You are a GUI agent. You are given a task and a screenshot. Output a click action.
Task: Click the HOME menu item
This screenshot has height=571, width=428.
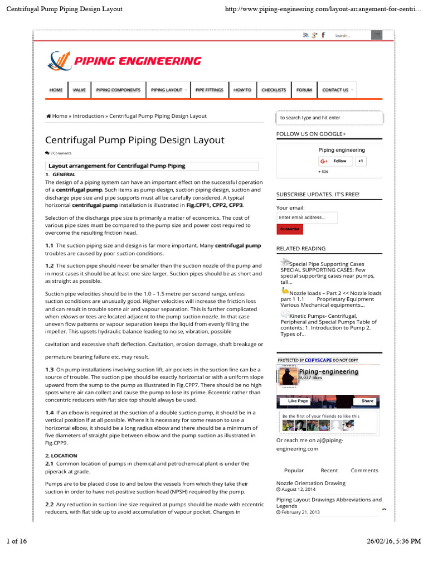(x=56, y=90)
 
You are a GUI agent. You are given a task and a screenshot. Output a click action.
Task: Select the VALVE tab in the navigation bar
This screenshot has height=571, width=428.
(x=79, y=90)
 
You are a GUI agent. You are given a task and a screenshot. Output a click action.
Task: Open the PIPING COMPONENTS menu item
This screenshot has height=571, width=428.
(x=118, y=90)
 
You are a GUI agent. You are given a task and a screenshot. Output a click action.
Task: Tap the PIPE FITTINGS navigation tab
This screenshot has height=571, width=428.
(x=210, y=90)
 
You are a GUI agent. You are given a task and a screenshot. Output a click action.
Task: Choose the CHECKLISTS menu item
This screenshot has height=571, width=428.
(x=274, y=90)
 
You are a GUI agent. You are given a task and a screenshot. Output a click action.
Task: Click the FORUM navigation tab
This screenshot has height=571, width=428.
(x=304, y=90)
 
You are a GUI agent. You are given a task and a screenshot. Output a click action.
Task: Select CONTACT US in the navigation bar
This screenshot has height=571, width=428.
(x=335, y=90)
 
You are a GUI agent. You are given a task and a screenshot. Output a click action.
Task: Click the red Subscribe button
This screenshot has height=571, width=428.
(x=290, y=229)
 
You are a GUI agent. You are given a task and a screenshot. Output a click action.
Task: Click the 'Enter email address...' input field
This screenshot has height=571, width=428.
(x=307, y=217)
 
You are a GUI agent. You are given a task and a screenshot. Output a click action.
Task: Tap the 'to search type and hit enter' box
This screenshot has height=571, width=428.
(x=329, y=118)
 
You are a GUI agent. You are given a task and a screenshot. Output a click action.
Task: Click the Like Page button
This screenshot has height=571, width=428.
(x=298, y=401)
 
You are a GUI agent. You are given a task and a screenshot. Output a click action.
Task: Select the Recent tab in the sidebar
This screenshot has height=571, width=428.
(x=329, y=471)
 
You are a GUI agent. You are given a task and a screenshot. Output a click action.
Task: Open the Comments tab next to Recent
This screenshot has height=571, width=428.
(x=364, y=471)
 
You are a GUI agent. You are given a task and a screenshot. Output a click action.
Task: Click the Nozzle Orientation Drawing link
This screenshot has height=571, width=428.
(x=311, y=483)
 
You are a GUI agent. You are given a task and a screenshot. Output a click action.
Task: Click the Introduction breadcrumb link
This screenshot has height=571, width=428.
(x=88, y=116)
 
